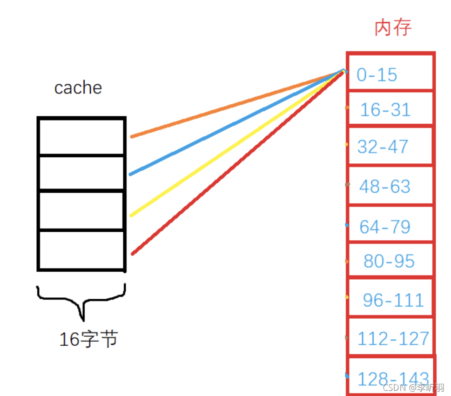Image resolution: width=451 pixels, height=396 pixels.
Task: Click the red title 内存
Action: click(393, 28)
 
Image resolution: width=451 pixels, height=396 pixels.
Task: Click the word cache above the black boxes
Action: click(78, 87)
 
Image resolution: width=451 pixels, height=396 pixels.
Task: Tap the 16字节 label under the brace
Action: click(88, 340)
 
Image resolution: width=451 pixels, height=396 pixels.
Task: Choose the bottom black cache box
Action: click(81, 250)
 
